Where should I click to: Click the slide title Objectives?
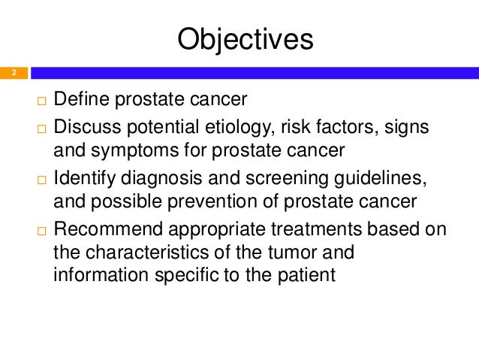[x=244, y=40]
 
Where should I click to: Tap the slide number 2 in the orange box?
[x=13, y=73]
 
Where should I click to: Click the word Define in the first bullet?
[x=80, y=99]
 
